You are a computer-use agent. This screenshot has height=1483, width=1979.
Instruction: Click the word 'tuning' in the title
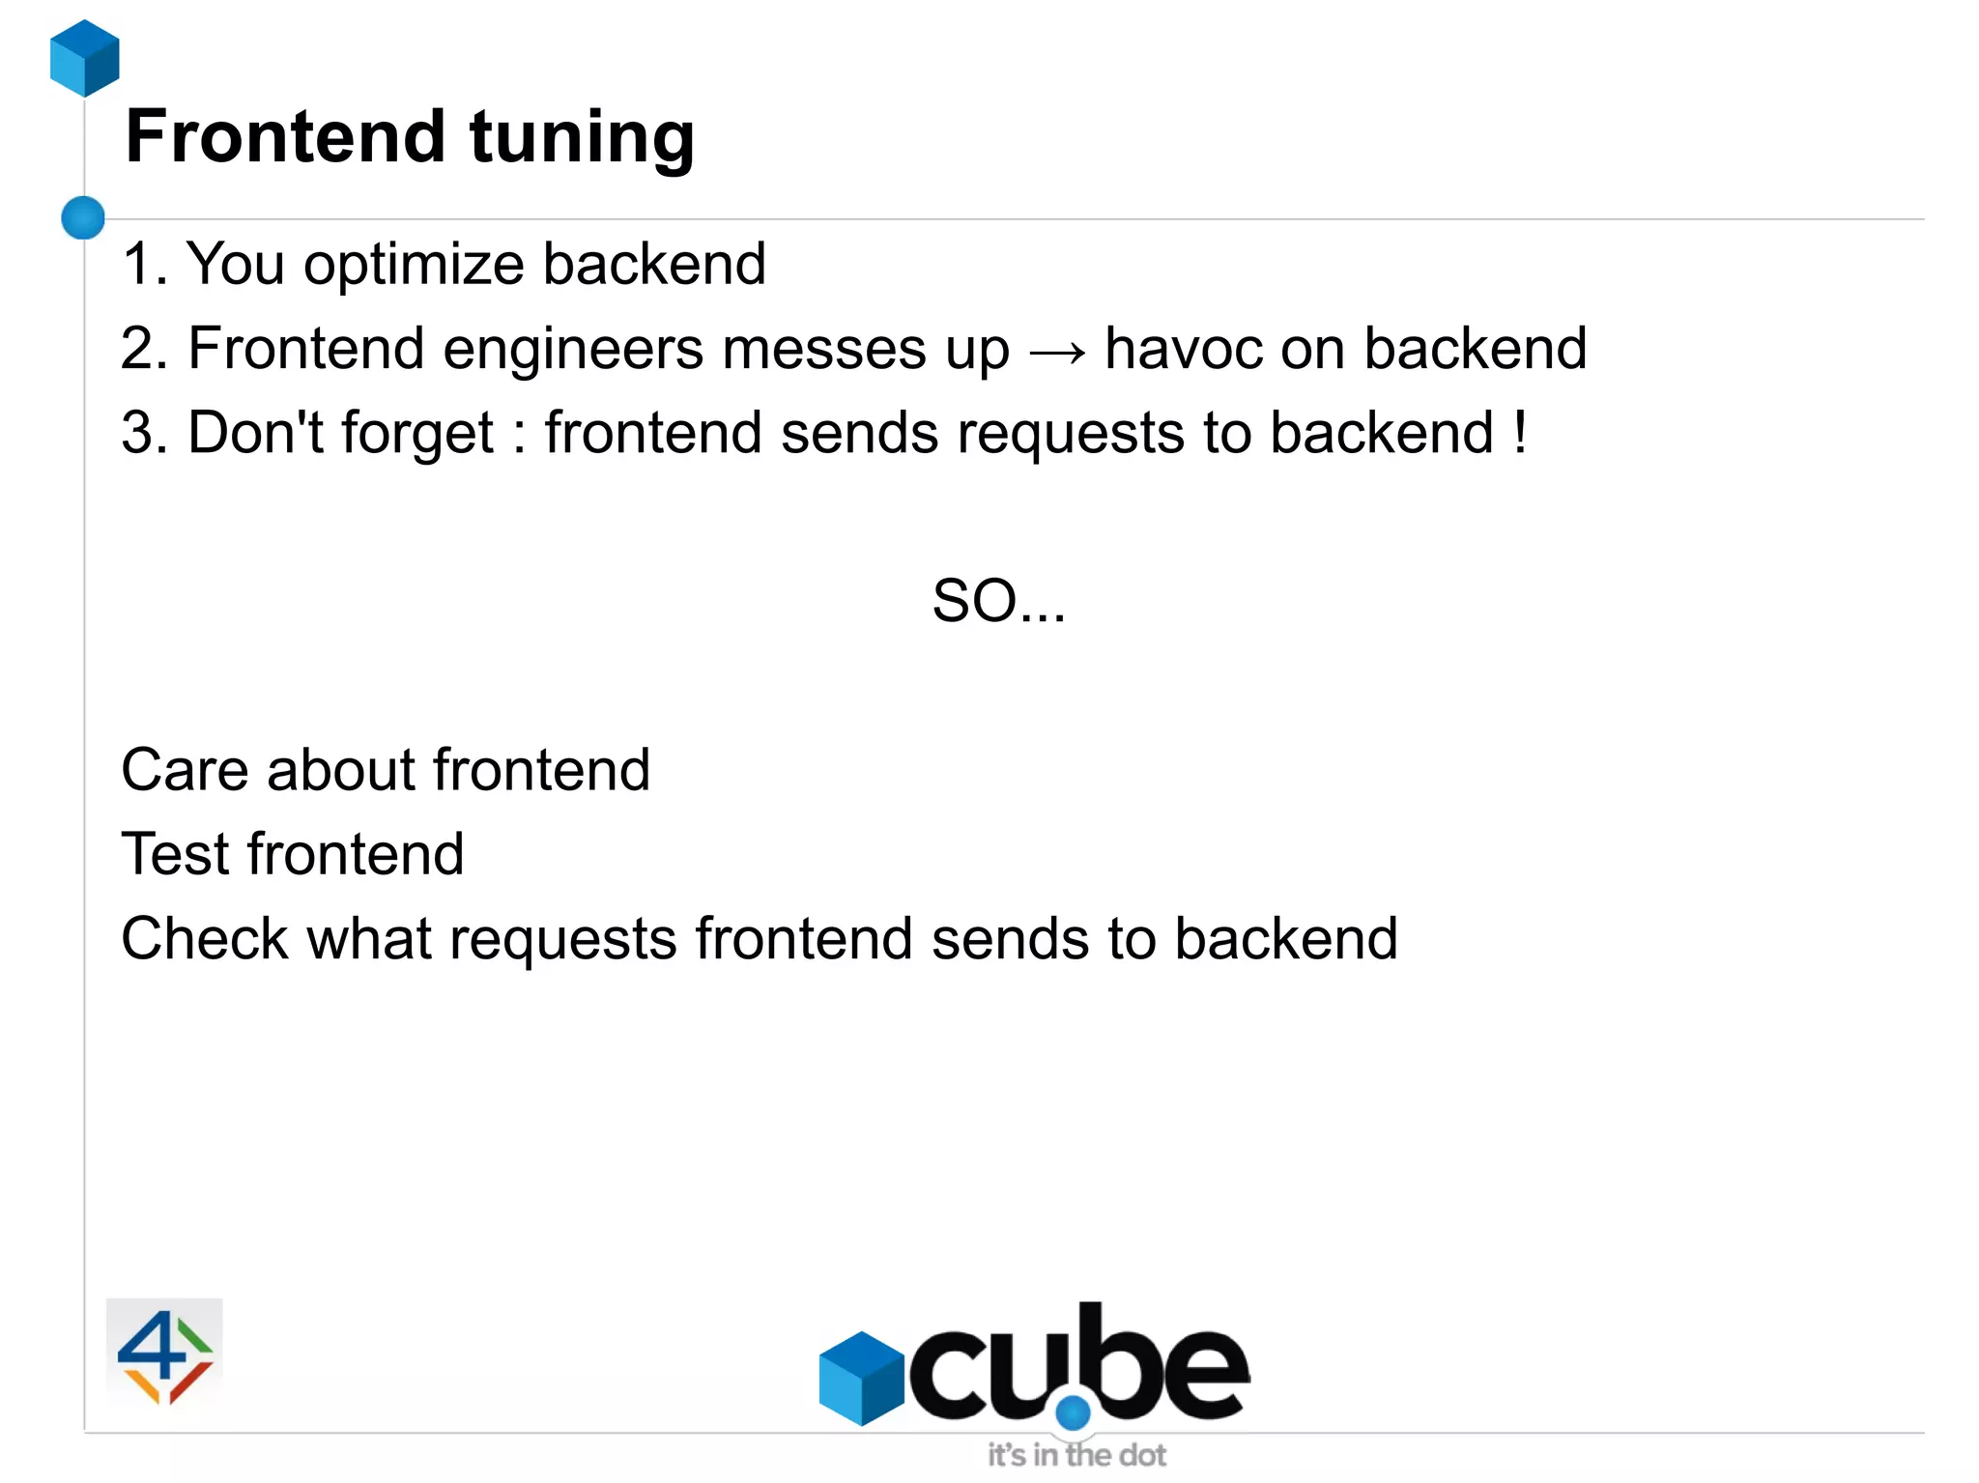tap(582, 137)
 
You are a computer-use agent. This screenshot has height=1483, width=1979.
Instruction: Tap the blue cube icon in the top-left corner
tap(85, 58)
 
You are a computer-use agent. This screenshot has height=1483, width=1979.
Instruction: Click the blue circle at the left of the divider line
tap(83, 217)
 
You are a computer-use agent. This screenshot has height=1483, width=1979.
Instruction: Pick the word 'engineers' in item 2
tap(573, 350)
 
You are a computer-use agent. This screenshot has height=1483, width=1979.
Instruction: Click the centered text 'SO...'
tap(998, 601)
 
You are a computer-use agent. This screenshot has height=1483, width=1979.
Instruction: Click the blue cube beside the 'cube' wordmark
tap(861, 1377)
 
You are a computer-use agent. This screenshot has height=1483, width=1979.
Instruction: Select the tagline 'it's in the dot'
tap(1076, 1455)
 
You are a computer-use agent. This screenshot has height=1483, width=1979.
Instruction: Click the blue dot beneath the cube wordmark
tap(1073, 1412)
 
